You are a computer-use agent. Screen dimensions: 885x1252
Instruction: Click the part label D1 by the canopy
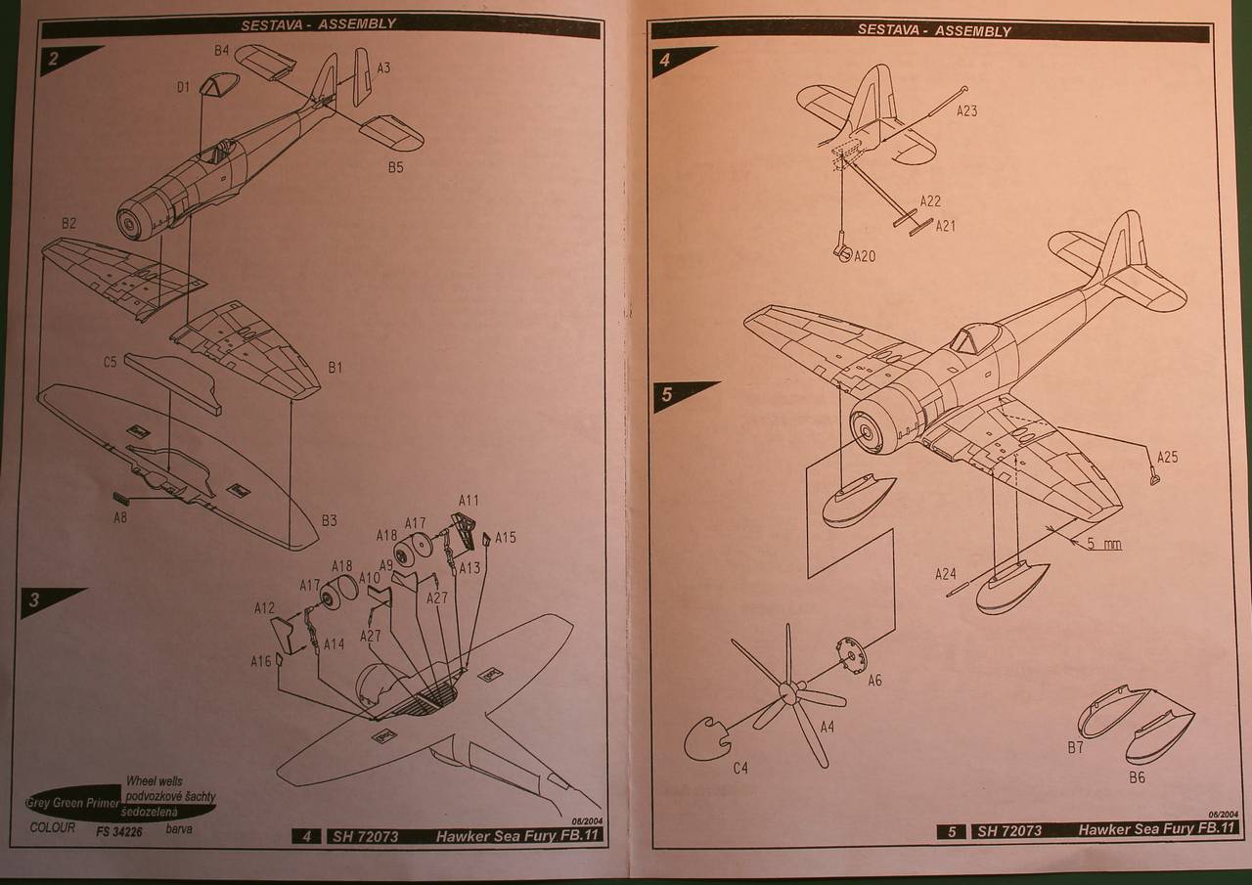183,88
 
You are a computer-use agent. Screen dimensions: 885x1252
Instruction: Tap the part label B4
221,50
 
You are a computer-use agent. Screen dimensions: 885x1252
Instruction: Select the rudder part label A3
383,68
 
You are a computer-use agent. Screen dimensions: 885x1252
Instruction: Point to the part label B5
394,167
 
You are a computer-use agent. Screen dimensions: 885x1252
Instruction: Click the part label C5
111,362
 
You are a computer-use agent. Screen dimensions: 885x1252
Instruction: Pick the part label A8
119,517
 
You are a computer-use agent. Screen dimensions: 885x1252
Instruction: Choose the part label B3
330,521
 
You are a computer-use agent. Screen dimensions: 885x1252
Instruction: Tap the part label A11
469,501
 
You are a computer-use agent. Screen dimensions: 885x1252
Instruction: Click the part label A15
505,537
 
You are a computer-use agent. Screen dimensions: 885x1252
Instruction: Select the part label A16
260,662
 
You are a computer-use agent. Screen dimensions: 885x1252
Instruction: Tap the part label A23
966,111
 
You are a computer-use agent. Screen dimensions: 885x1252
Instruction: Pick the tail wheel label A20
866,257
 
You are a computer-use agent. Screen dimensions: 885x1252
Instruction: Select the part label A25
1167,457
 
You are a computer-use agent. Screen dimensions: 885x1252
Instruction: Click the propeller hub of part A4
784,691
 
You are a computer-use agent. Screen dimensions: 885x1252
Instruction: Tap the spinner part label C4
740,768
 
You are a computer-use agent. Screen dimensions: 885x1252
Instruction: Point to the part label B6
1137,778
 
